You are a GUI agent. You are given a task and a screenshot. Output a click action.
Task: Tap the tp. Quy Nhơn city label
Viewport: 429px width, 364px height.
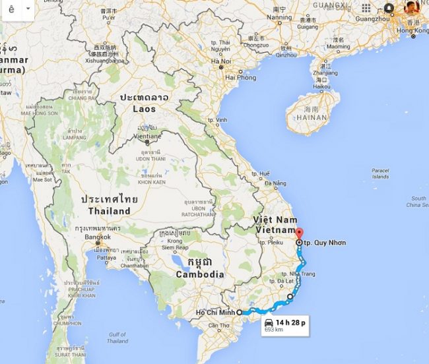(x=325, y=243)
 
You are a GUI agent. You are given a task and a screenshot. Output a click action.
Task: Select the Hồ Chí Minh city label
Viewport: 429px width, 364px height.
(x=215, y=312)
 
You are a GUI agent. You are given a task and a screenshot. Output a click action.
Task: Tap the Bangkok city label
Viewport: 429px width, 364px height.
(x=97, y=237)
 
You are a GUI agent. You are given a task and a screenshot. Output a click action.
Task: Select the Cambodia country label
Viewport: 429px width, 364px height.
(x=199, y=274)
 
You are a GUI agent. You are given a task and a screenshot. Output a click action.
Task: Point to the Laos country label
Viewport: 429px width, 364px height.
(x=145, y=108)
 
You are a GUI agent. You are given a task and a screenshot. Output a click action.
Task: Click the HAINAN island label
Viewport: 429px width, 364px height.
(x=312, y=117)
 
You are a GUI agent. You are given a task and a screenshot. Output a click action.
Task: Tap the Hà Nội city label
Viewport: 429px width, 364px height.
(x=220, y=61)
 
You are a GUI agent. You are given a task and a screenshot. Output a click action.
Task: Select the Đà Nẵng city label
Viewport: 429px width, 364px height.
(x=277, y=183)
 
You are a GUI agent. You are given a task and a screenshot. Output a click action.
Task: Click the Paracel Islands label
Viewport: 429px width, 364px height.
(x=380, y=173)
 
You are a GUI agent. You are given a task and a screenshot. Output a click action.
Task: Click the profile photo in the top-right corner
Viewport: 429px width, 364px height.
(x=412, y=8)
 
